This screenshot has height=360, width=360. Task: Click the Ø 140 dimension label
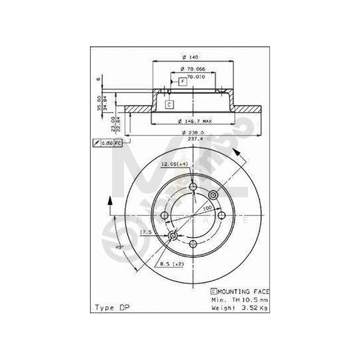coord(192,57)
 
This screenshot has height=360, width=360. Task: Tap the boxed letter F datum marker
coord(182,82)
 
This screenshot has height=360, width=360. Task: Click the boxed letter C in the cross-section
coord(169,105)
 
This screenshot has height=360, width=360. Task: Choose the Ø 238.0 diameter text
coord(193,132)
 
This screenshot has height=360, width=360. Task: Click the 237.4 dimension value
coord(193,138)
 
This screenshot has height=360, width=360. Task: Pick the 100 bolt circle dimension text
coord(207,209)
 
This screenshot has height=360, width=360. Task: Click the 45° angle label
coord(119,247)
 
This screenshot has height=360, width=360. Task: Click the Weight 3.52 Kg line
coord(240,308)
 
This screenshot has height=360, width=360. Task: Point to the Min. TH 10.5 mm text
coord(240,300)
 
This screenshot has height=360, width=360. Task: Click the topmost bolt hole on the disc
coord(193,187)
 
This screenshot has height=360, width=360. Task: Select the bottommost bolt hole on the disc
coord(193,244)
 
